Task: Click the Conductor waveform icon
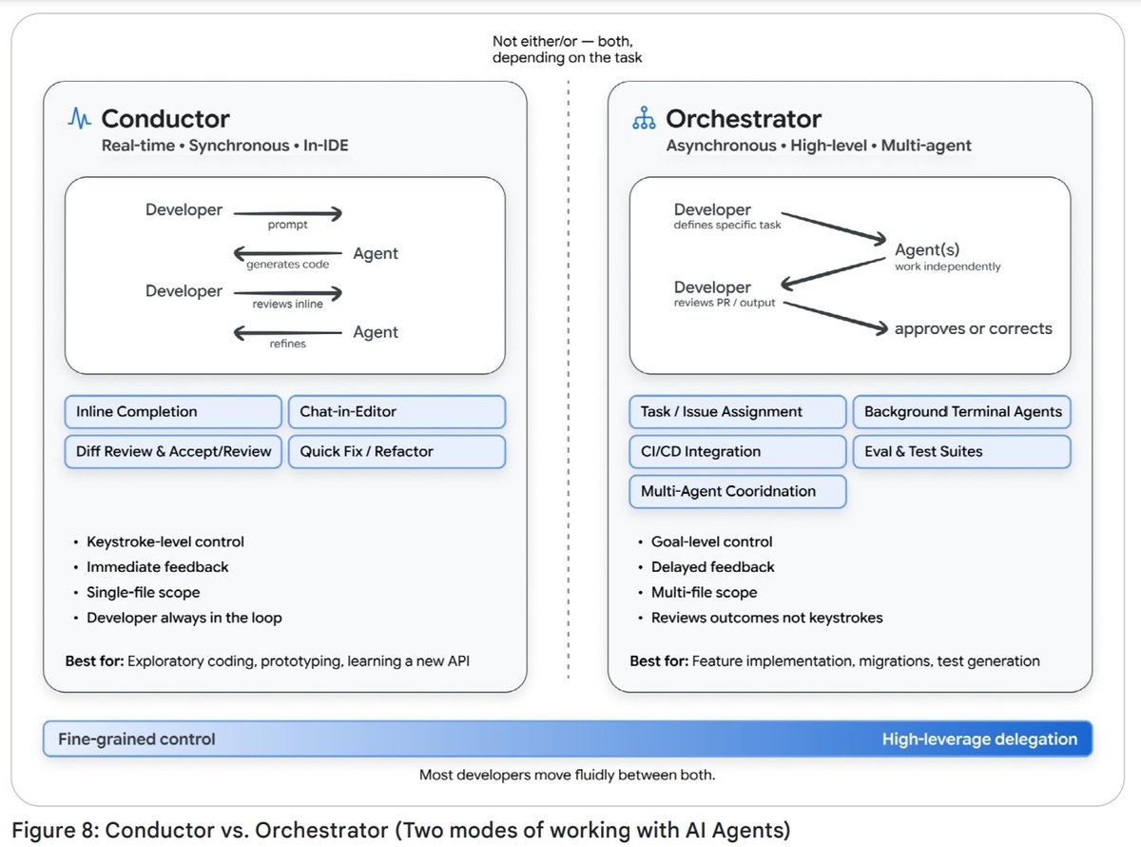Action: pyautogui.click(x=79, y=118)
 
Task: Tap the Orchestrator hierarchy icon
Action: pyautogui.click(x=644, y=118)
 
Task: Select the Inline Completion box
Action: pyautogui.click(x=173, y=412)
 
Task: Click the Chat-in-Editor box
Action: pyautogui.click(x=396, y=412)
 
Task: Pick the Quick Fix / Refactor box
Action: pyautogui.click(x=396, y=451)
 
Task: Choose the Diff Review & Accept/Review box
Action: pyautogui.click(x=173, y=451)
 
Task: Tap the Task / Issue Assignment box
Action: pyautogui.click(x=737, y=412)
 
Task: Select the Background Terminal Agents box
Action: pyautogui.click(x=961, y=412)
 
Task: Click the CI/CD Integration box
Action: pyautogui.click(x=737, y=451)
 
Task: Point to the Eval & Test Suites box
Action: pyautogui.click(x=961, y=451)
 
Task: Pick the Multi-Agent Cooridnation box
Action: pyautogui.click(x=737, y=491)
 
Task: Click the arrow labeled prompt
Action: pyautogui.click(x=288, y=213)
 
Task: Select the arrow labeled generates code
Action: pyautogui.click(x=287, y=253)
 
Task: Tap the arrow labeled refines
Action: pyautogui.click(x=287, y=333)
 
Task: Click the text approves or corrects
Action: pyautogui.click(x=974, y=328)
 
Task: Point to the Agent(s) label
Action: pyautogui.click(x=927, y=249)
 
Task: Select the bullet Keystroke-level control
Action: pyautogui.click(x=165, y=542)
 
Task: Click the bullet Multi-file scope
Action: pyautogui.click(x=704, y=592)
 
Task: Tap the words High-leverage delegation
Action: pyautogui.click(x=979, y=739)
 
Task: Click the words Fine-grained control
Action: pyautogui.click(x=136, y=739)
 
